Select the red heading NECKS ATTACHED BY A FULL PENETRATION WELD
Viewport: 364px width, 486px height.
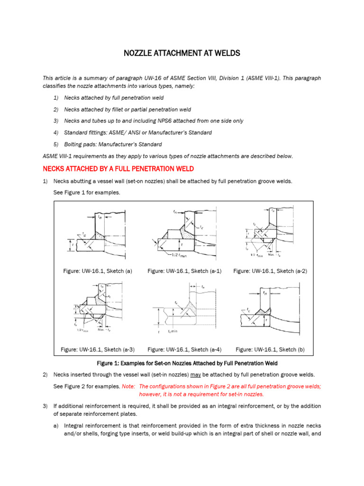(118, 169)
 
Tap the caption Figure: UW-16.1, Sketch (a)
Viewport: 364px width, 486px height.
(97, 271)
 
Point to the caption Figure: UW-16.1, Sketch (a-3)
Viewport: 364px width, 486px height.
(98, 350)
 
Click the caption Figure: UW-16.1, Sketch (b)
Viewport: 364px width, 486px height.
(270, 350)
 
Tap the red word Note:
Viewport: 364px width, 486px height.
(128, 386)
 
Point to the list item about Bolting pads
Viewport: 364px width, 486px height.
(113, 144)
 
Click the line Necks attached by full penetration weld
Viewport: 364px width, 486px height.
(114, 98)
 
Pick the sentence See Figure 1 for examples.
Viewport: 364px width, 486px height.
(87, 192)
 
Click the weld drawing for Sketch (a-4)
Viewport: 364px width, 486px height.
(184, 311)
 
